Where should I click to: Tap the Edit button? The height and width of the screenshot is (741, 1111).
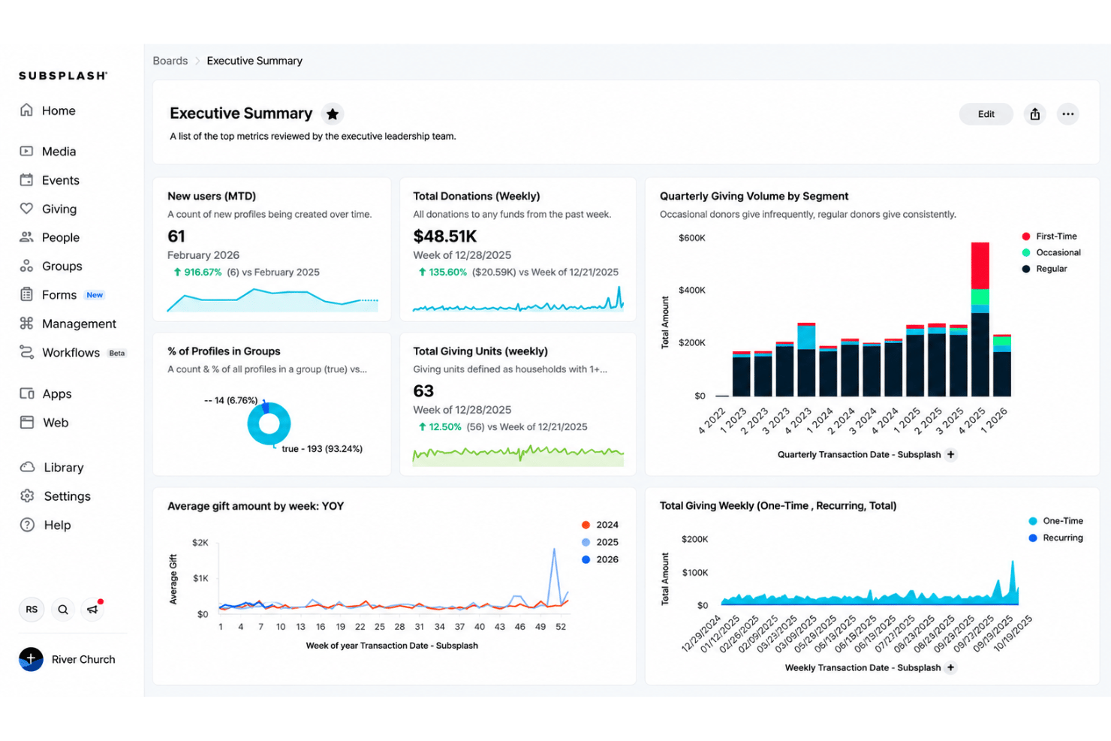(986, 114)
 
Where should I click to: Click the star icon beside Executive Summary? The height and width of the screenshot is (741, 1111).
(333, 114)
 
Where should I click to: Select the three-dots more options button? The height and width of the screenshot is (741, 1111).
(1067, 114)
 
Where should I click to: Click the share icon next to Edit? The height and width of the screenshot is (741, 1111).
(1034, 114)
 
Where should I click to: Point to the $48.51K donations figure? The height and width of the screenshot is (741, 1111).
(445, 236)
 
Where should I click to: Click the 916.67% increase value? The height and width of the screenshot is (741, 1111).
(203, 272)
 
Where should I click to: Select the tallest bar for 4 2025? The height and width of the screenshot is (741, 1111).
(980, 319)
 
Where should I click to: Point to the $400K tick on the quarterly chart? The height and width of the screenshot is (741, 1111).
(691, 290)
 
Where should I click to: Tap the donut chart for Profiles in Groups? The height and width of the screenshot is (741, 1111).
(269, 423)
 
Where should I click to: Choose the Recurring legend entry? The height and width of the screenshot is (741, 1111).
(1055, 538)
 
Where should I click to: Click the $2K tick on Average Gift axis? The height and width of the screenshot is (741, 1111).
(200, 543)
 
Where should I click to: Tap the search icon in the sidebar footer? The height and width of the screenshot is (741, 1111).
(63, 610)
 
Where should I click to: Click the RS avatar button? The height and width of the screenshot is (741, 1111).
(32, 610)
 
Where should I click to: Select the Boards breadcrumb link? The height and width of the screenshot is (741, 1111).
(170, 61)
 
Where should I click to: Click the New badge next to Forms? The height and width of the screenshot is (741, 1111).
(95, 295)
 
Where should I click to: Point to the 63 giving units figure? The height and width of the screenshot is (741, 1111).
(423, 391)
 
